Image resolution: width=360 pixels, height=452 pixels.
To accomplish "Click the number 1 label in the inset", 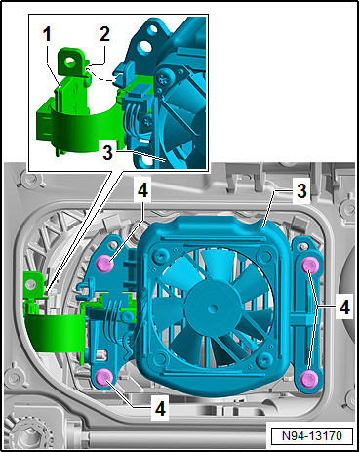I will pyautogui.click(x=46, y=33).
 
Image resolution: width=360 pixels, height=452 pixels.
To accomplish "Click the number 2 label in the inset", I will pyautogui.click(x=103, y=33).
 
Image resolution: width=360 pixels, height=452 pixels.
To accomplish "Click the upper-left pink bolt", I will pyautogui.click(x=102, y=263).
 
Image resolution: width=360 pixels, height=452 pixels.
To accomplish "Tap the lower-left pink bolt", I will pyautogui.click(x=102, y=378).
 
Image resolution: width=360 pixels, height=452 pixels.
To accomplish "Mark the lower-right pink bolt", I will pyautogui.click(x=309, y=377).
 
